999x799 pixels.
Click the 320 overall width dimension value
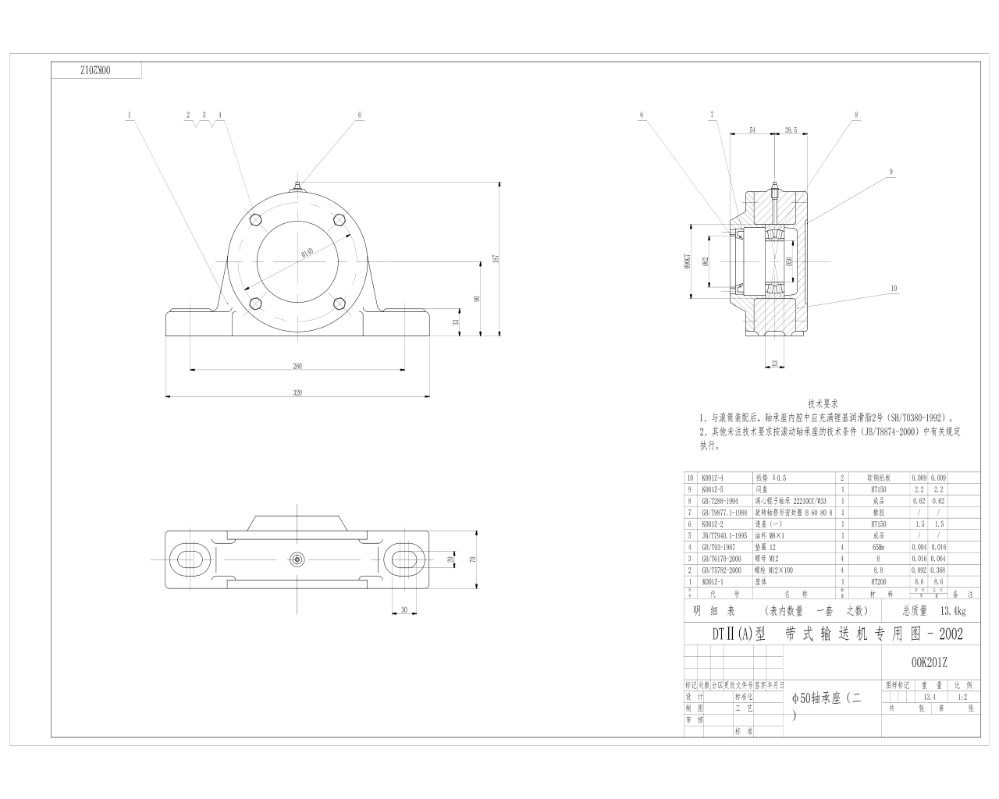pyautogui.click(x=297, y=393)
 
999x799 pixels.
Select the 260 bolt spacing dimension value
pyautogui.click(x=297, y=365)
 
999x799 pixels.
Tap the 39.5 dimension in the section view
pyautogui.click(x=790, y=130)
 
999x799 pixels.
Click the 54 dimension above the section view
pyautogui.click(x=752, y=130)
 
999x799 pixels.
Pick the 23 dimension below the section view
pyautogui.click(x=774, y=363)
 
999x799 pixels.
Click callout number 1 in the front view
pyautogui.click(x=130, y=115)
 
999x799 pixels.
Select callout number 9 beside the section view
pyautogui.click(x=890, y=172)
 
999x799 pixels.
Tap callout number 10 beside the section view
pyautogui.click(x=894, y=288)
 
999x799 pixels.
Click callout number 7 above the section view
pyautogui.click(x=712, y=115)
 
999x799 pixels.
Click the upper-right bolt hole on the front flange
pyautogui.click(x=339, y=220)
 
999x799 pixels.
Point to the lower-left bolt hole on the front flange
pyautogui.click(x=254, y=304)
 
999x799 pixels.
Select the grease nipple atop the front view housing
pyautogui.click(x=297, y=186)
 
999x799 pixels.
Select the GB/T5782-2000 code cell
pyautogui.click(x=720, y=570)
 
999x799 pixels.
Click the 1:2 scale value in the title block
pyautogui.click(x=963, y=698)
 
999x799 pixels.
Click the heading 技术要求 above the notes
pyautogui.click(x=823, y=404)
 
